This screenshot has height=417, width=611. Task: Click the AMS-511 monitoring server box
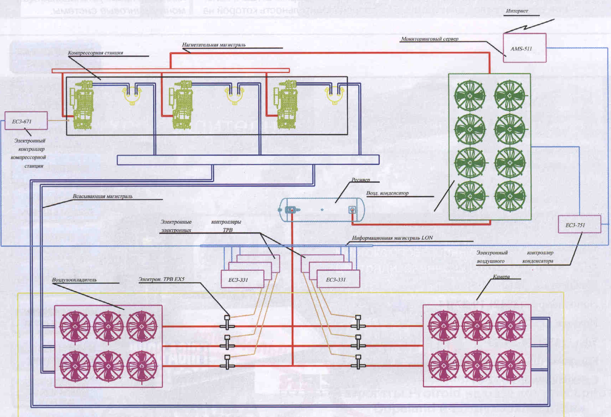(524, 48)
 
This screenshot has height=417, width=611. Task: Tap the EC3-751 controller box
(579, 224)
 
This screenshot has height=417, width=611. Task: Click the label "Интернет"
(517, 11)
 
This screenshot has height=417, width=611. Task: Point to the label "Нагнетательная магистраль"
(213, 45)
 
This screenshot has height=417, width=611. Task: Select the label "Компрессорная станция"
(95, 53)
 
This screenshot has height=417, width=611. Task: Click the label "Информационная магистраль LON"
(392, 238)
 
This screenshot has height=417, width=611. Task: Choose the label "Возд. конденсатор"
(387, 193)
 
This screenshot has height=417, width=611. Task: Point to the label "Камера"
(501, 276)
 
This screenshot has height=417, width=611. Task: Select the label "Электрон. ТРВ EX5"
(161, 279)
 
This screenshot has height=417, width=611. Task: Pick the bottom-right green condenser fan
(510, 196)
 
